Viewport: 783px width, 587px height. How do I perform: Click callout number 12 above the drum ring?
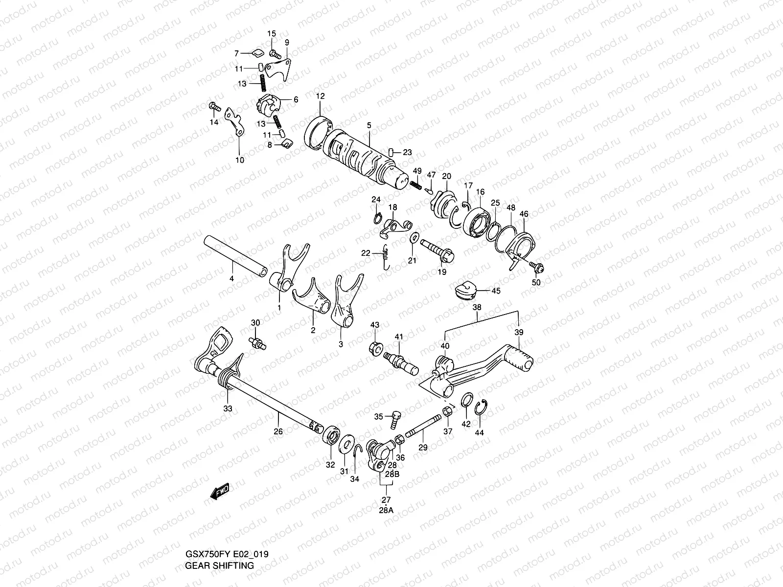[x=320, y=96]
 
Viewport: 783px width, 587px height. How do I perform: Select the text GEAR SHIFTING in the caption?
[x=219, y=565]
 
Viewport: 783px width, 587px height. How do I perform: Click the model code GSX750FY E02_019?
[x=226, y=554]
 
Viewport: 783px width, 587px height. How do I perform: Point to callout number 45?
[x=496, y=291]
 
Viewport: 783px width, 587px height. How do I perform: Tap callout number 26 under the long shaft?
[x=278, y=431]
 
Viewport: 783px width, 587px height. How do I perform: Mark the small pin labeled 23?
[x=392, y=152]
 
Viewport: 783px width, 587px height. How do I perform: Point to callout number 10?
[x=240, y=159]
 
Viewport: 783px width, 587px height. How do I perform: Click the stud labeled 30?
[x=257, y=343]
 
